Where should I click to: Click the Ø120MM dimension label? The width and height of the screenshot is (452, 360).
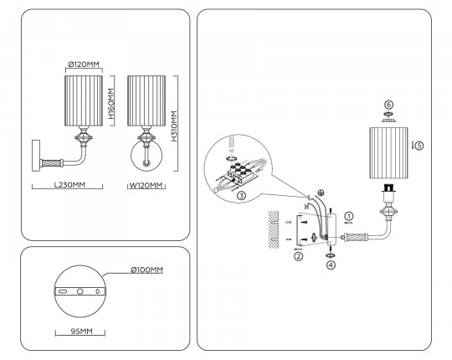pyautogui.click(x=84, y=64)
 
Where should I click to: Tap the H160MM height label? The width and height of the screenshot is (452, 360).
pyautogui.click(x=111, y=104)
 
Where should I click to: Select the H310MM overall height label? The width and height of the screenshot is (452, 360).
pyautogui.click(x=174, y=126)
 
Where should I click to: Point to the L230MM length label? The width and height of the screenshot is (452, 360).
pyautogui.click(x=69, y=184)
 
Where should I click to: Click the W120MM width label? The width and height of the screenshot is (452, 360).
pyautogui.click(x=146, y=185)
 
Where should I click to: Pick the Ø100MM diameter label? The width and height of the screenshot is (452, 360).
pyautogui.click(x=146, y=270)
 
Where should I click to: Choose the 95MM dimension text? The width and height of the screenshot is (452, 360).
pyautogui.click(x=82, y=332)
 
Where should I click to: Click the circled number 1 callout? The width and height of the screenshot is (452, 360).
pyautogui.click(x=349, y=216)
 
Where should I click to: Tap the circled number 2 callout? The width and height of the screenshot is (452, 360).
pyautogui.click(x=298, y=256)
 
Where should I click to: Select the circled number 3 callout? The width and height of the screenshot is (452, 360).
pyautogui.click(x=242, y=196)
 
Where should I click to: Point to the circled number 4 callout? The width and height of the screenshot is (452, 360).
pyautogui.click(x=331, y=265)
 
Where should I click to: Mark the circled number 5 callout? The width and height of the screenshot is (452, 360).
pyautogui.click(x=419, y=146)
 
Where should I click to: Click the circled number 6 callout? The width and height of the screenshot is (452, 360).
pyautogui.click(x=389, y=105)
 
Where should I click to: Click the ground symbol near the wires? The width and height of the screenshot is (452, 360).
pyautogui.click(x=321, y=193)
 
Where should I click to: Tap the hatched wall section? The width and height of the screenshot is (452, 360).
pyautogui.click(x=274, y=229)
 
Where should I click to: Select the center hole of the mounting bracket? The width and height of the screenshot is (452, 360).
pyautogui.click(x=80, y=291)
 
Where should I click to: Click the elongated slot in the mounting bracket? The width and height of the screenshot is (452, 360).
pyautogui.click(x=62, y=291)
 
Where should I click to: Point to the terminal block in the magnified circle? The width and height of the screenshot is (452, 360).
pyautogui.click(x=238, y=172)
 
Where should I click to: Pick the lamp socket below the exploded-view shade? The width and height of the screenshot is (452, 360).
pyautogui.click(x=388, y=192)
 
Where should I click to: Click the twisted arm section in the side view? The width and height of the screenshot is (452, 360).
pyautogui.click(x=52, y=163)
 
